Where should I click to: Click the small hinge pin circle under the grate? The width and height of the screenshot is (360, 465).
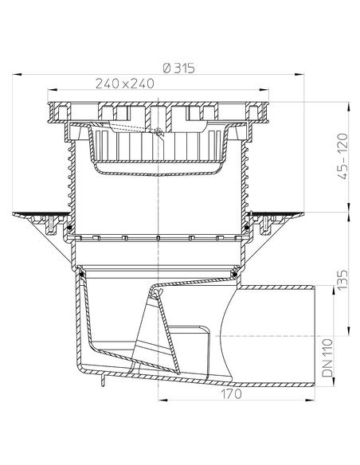160,131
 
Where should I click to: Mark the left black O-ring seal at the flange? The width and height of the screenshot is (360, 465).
70,229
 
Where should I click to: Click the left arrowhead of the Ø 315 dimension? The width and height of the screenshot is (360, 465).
14,76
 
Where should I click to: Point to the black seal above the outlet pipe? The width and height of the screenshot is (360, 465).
234,273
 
